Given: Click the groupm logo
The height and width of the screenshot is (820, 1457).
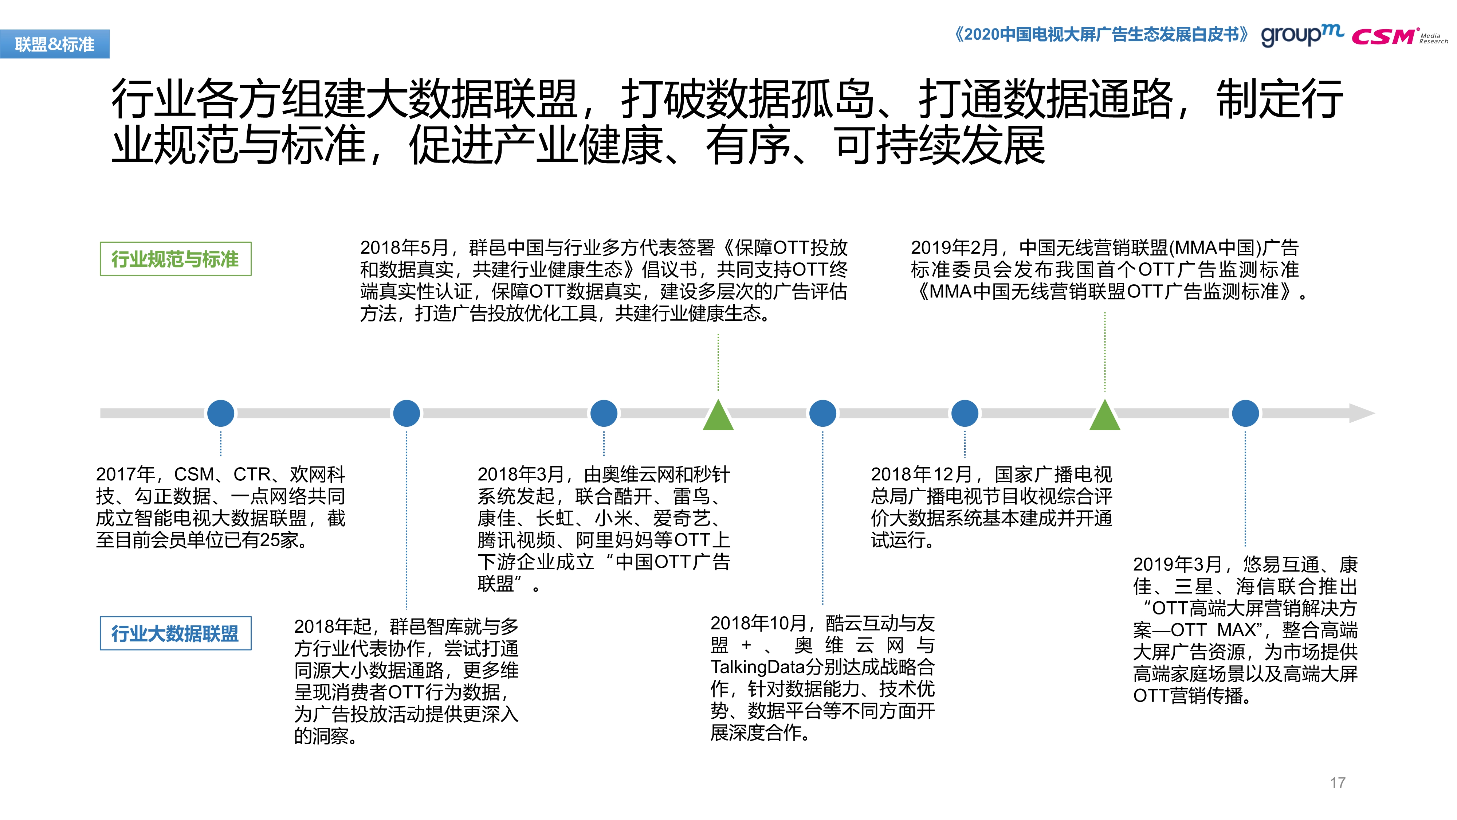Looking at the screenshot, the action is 1302,36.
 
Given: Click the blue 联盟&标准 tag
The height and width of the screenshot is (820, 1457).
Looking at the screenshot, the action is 55,44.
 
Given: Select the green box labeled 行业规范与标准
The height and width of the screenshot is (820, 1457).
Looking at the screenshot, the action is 175,259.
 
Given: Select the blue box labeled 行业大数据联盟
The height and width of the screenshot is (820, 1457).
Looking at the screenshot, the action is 175,633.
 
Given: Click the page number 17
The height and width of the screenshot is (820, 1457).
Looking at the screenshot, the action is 1338,783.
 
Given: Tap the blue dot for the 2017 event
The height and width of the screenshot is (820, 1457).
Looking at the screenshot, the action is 221,413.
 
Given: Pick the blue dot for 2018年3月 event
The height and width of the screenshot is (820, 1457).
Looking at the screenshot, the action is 604,413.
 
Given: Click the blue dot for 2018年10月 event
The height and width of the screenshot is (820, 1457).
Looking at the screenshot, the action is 822,413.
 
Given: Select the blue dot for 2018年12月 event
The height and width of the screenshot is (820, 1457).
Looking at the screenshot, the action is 965,413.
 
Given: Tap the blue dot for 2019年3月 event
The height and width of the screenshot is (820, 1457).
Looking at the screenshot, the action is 1245,413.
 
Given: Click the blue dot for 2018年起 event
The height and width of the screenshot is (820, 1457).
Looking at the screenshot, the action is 406,413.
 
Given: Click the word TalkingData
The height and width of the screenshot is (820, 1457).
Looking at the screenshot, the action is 757,668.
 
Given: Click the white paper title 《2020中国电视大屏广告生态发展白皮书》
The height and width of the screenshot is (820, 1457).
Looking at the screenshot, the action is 1101,35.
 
